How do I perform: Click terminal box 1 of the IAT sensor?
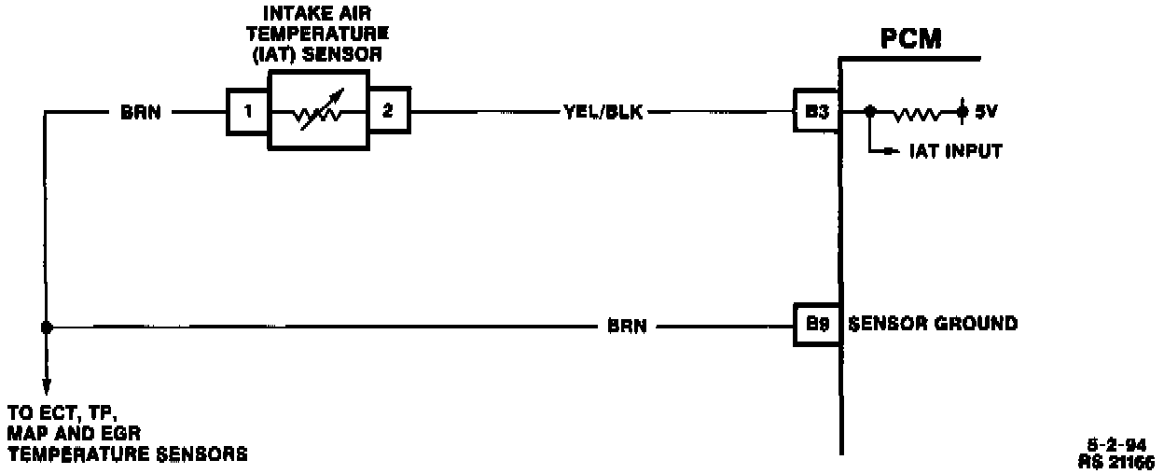point(247,112)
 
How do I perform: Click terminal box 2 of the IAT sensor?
point(388,112)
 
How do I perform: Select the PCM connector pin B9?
point(817,325)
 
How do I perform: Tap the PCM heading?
point(909,41)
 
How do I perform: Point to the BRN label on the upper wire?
point(141,113)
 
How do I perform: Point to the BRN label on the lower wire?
point(627,327)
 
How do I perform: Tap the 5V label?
point(988,113)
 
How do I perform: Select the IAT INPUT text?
point(955,151)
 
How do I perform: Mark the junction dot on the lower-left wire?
point(46,328)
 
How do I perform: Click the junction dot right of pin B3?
point(869,112)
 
